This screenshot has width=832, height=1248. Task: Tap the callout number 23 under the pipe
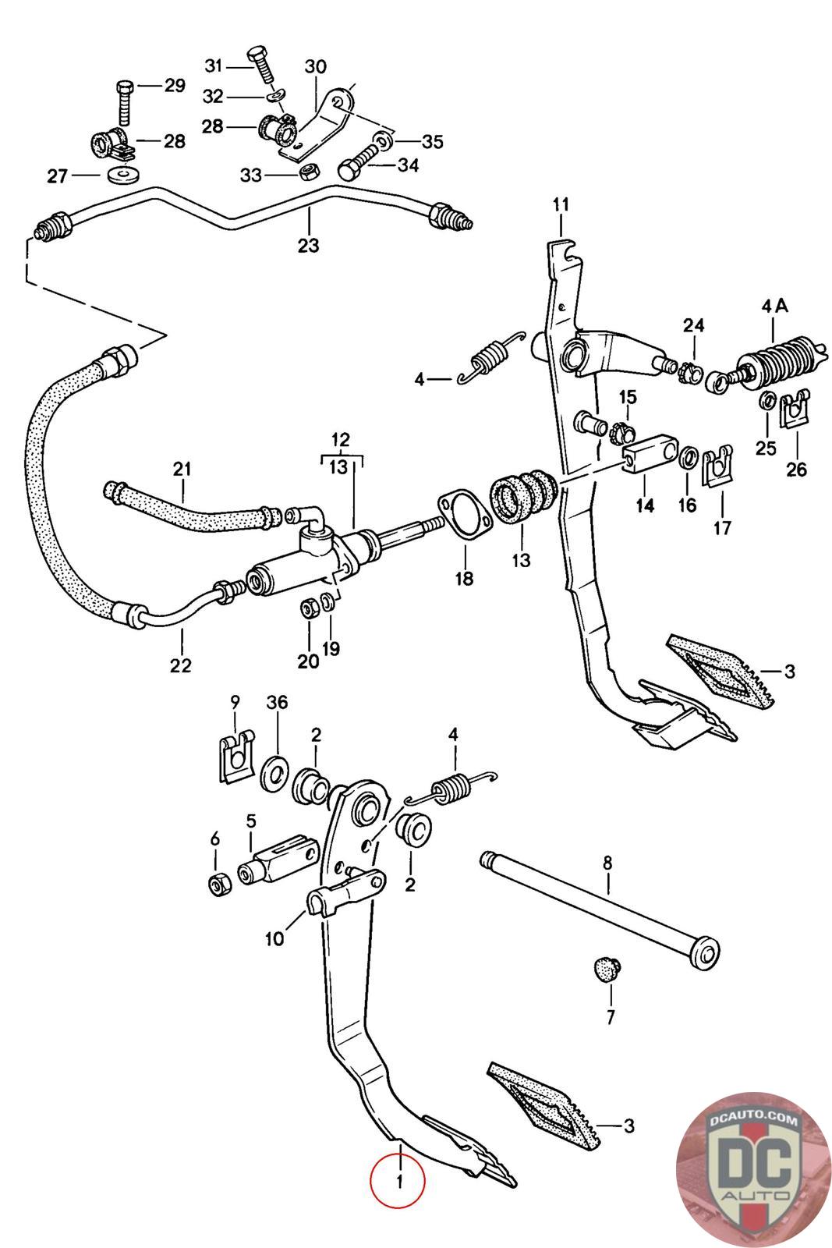(309, 245)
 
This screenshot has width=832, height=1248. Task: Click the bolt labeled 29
(124, 104)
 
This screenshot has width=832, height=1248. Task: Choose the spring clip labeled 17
(718, 466)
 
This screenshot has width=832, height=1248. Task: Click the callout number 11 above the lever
(561, 205)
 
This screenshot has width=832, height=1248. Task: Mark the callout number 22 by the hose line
(180, 665)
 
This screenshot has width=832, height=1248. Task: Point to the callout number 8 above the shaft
(607, 863)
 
